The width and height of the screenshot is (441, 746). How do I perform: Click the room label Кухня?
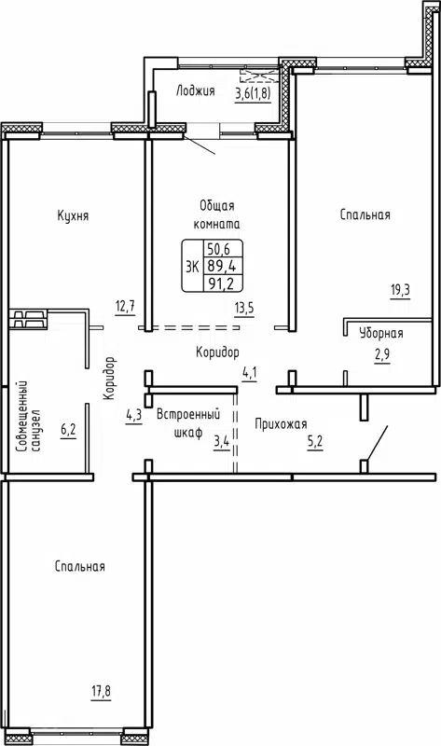[x=72, y=215]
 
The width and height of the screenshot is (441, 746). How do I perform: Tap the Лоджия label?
[x=195, y=91]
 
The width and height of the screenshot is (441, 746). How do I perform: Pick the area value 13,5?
[x=243, y=309]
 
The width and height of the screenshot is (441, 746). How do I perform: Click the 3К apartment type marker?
[x=193, y=266]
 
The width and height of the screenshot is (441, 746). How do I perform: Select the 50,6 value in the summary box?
[x=219, y=249]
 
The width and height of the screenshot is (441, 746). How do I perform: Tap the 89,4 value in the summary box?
[x=219, y=266]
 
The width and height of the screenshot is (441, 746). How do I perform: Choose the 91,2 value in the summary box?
[x=219, y=283]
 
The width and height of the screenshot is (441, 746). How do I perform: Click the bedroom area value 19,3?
[x=400, y=291]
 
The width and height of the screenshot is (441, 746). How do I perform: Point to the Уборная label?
[x=382, y=333]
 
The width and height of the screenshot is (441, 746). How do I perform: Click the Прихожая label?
[x=281, y=424]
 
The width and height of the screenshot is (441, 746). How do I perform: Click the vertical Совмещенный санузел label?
[x=27, y=416]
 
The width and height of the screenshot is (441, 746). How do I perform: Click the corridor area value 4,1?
[x=249, y=373]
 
